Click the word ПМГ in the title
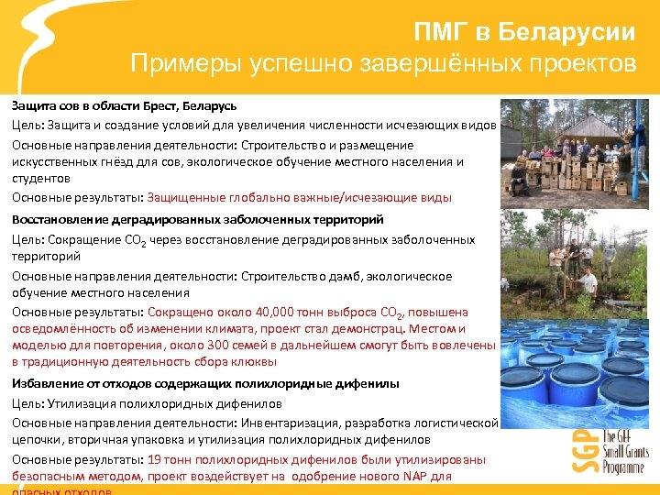[442, 33]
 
